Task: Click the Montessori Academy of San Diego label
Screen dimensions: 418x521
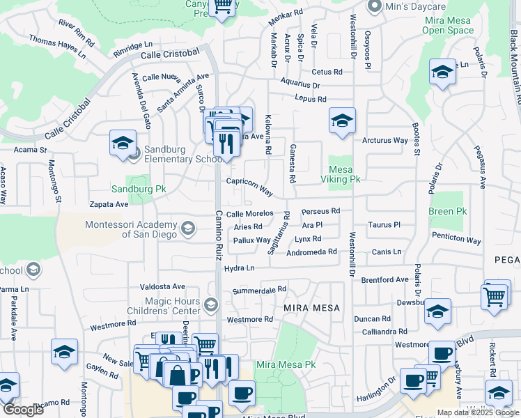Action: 132,229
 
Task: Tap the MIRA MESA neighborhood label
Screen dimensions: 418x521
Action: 311,307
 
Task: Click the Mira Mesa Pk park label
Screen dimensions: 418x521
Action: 286,364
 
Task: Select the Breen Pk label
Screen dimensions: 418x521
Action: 447,211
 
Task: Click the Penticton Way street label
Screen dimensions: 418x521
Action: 456,238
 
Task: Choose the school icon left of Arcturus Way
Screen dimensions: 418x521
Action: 342,121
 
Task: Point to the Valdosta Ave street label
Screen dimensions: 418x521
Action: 162,286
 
